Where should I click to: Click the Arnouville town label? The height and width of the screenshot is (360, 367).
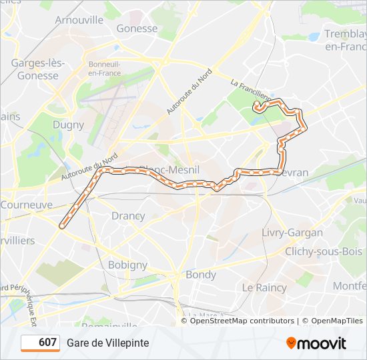coord(79,20)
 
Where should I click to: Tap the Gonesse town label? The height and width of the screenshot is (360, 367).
coord(137,29)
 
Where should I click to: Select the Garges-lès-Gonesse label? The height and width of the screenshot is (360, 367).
coord(37,69)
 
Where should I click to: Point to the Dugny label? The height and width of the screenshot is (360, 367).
coord(68,125)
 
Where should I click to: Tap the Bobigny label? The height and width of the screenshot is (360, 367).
coord(127,265)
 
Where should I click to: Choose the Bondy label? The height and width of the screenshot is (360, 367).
coord(201,275)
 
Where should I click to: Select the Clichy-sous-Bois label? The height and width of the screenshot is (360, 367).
coord(323,251)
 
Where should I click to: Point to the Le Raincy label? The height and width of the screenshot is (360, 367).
coord(264,288)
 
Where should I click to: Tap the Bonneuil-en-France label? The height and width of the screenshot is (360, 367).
coord(103,69)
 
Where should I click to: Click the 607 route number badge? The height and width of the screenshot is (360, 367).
coord(41,343)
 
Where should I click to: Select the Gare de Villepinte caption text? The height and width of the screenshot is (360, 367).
coord(107,343)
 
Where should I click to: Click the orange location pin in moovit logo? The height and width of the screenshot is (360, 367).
coord(292,343)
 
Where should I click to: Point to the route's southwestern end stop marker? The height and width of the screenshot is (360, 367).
coord(62,226)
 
